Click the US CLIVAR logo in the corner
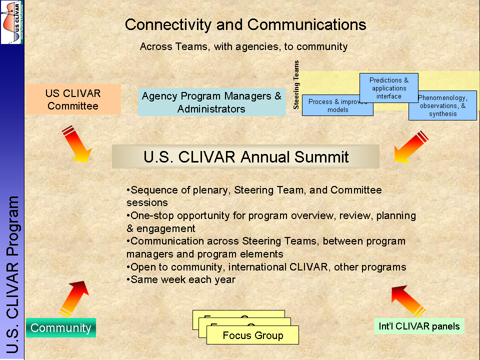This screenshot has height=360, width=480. (x=12, y=22)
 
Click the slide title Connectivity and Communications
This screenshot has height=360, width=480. (x=245, y=24)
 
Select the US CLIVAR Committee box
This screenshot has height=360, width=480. (x=73, y=99)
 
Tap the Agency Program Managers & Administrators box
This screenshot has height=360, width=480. (x=211, y=102)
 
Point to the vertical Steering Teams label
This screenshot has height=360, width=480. (x=296, y=85)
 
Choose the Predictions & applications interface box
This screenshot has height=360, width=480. (x=388, y=87)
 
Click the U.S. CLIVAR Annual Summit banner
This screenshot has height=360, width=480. (x=245, y=156)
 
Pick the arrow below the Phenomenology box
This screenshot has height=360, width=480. (x=411, y=147)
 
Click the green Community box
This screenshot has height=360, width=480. (x=61, y=328)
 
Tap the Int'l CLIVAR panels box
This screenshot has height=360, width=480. (x=419, y=326)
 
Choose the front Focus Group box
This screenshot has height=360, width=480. (x=252, y=335)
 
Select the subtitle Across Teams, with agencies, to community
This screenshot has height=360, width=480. (x=243, y=46)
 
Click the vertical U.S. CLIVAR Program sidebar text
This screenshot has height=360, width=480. (x=13, y=275)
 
